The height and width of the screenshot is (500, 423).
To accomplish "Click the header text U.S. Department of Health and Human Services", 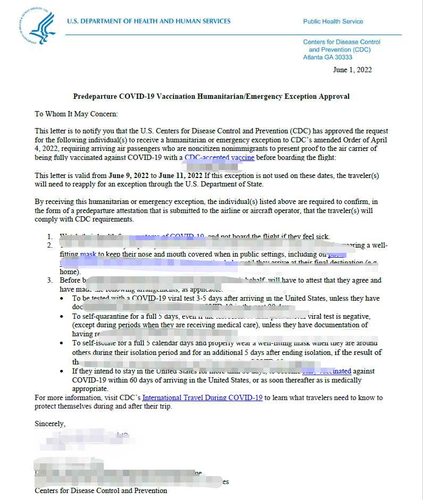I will coord(148,21).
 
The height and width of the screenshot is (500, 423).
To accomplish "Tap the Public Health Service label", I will coord(333,22).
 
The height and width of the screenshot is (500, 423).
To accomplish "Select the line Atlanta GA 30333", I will coord(328,57).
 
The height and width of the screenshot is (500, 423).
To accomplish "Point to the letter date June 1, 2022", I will coord(352,70).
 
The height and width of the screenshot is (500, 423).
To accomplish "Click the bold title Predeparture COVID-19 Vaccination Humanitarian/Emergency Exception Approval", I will coord(211,97).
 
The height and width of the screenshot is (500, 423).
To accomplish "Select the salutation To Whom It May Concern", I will coord(76,114).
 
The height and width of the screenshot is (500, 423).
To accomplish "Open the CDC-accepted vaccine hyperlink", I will coord(219,158).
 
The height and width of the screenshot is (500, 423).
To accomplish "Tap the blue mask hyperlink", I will coord(88,255).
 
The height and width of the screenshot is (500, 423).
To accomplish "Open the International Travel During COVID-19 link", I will coord(202,397).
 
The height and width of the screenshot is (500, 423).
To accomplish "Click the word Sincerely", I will coord(50,424).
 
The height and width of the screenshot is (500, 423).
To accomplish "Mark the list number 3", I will coord(48,280).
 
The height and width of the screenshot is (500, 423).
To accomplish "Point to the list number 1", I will coord(48,236).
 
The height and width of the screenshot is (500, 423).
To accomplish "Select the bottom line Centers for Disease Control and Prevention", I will coord(101,490).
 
